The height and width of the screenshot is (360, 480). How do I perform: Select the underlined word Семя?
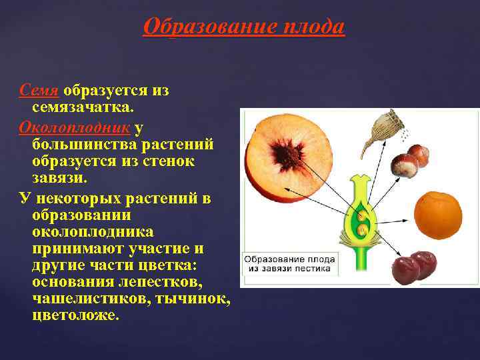pos(40,91)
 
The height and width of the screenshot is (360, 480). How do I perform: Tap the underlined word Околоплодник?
pos(76,127)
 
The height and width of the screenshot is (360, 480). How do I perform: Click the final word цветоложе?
pos(75,315)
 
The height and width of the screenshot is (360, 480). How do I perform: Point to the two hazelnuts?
pos(411,160)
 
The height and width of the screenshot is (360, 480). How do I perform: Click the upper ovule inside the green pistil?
pos(362,216)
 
